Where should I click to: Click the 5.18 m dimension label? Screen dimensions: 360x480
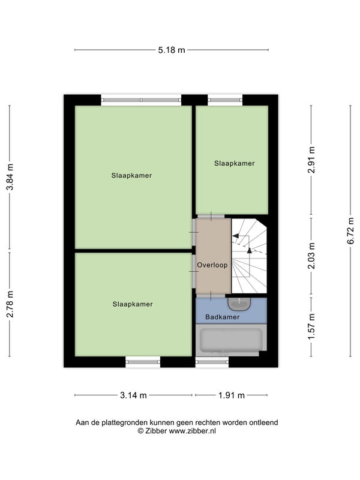(x=172, y=50)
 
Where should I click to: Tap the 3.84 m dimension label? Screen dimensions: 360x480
(x=10, y=177)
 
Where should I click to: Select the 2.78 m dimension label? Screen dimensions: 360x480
(x=10, y=304)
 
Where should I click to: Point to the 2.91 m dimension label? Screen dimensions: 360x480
(x=311, y=160)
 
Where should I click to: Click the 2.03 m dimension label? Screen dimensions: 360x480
(x=311, y=256)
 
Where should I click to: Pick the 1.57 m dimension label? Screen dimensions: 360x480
(x=311, y=326)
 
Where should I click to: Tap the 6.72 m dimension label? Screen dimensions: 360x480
(x=350, y=231)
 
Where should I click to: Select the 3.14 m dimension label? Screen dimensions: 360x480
(x=133, y=395)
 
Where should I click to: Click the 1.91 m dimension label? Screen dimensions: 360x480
(x=232, y=395)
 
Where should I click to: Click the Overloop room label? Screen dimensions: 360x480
(x=212, y=265)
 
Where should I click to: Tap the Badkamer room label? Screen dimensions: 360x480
(x=222, y=317)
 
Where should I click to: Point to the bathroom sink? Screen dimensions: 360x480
(x=239, y=304)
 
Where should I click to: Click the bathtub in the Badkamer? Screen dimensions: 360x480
(x=231, y=340)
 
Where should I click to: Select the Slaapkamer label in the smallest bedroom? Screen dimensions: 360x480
(x=235, y=163)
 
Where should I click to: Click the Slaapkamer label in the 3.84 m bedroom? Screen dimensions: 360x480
(x=131, y=175)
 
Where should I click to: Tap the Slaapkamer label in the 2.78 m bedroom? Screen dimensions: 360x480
(x=133, y=304)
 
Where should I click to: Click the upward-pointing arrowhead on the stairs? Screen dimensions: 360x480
(x=249, y=250)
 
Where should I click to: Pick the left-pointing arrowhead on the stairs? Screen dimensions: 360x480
(x=236, y=236)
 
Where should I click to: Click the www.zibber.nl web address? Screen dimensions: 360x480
(x=193, y=431)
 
